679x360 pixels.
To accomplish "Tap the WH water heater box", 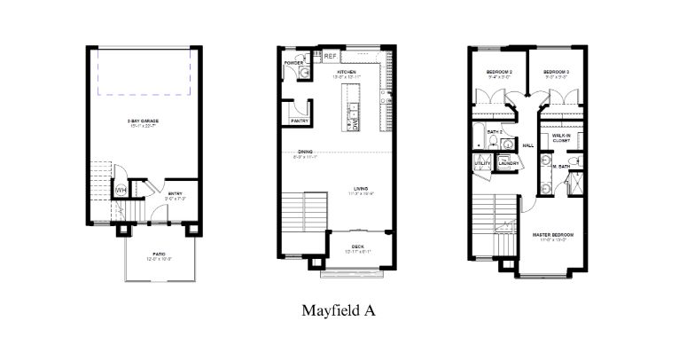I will pos(120,190).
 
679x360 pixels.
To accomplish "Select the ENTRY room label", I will pos(175,193).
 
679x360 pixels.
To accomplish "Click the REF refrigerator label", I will pos(329,56).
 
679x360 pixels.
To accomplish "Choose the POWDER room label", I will pos(294,63).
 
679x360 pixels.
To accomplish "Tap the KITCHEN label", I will pos(346,71).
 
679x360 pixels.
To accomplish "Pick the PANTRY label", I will pos(298,120).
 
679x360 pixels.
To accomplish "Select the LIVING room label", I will pos(361,188).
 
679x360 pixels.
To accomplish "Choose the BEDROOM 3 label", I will pos(556,71).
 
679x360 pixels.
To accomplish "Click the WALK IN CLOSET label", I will pos(561,137).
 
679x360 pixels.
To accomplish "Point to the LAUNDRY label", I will pos(508,163).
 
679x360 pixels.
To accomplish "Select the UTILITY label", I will pos(483,163).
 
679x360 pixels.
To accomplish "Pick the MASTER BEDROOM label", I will pos(553,234).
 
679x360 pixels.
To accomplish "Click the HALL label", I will pos(528,145).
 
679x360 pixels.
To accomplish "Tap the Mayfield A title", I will pos(339,310).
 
